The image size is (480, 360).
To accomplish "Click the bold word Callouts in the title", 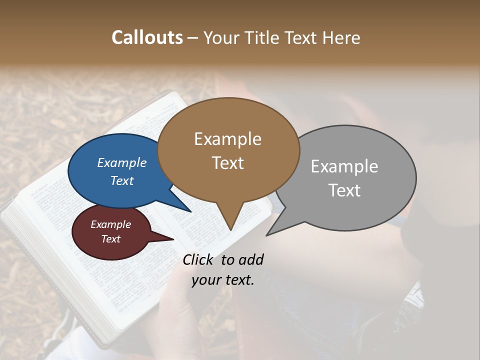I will [x=147, y=37].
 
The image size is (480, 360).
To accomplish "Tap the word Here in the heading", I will [x=341, y=37].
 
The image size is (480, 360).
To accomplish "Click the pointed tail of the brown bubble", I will [x=230, y=222].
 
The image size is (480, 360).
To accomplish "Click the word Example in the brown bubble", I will [x=227, y=139].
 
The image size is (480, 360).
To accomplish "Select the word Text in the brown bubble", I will [x=228, y=163].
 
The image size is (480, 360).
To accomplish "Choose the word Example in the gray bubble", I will [x=344, y=166].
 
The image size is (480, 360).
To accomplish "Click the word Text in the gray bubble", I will [x=344, y=190].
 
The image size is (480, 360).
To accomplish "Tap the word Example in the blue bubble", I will [x=122, y=162].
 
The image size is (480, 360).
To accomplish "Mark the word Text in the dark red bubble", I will [x=111, y=239].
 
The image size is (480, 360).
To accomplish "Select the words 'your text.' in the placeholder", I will [x=223, y=280].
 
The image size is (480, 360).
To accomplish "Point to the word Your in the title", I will [x=221, y=37].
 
